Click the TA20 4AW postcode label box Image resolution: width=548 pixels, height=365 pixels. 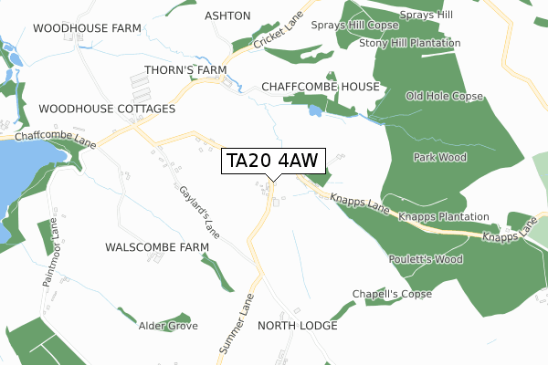tap(272, 161)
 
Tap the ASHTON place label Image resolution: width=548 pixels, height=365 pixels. tap(227, 16)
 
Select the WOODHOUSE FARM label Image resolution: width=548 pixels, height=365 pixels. tap(87, 29)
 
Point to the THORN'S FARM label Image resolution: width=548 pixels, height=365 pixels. tap(185, 69)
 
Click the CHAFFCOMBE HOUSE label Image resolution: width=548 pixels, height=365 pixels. tap(320, 87)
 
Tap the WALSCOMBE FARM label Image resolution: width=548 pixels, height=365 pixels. tap(157, 247)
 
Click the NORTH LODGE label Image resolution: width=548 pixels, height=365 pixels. tap(298, 326)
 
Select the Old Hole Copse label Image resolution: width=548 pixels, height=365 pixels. tap(444, 96)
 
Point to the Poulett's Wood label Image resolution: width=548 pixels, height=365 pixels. tap(427, 260)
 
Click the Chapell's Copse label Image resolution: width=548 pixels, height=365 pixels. tap(392, 294)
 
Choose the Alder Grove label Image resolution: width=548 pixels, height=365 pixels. tap(168, 326)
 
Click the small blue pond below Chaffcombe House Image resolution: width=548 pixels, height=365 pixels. tap(315, 110)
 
